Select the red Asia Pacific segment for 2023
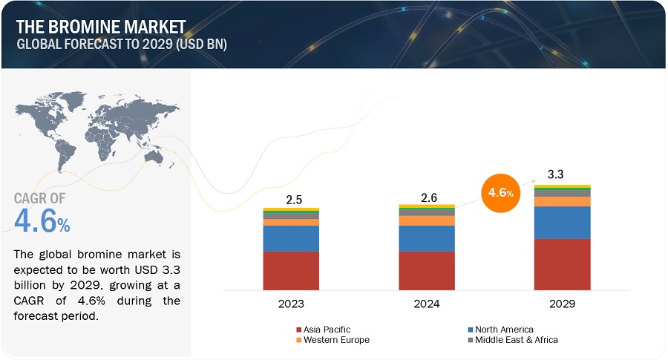[x=291, y=270]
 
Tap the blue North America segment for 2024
[x=427, y=238]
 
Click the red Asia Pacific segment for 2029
[x=563, y=264]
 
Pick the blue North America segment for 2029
[x=563, y=223]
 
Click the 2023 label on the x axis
[x=291, y=304]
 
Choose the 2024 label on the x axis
[x=427, y=304]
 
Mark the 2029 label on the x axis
[x=563, y=304]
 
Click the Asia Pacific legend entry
[x=327, y=329]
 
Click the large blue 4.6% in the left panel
[x=42, y=221]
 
